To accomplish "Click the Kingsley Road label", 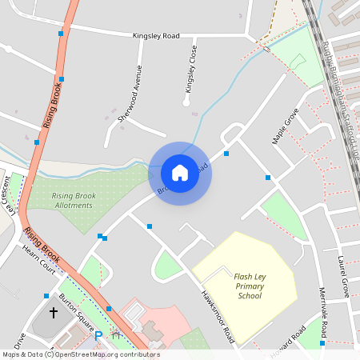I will point(156,36).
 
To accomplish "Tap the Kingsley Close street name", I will point(190,67).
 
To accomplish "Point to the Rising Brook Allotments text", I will point(72,201).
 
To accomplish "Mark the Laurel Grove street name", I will point(343,277).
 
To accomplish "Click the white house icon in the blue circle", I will point(180,172).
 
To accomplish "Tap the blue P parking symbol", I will point(98,336).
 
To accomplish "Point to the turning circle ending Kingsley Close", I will point(186,102).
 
